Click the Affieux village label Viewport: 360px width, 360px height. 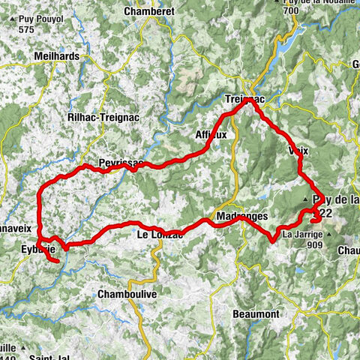pos(211,135)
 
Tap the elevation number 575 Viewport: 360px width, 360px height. pos(28,28)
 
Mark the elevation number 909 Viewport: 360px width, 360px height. pos(314,244)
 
